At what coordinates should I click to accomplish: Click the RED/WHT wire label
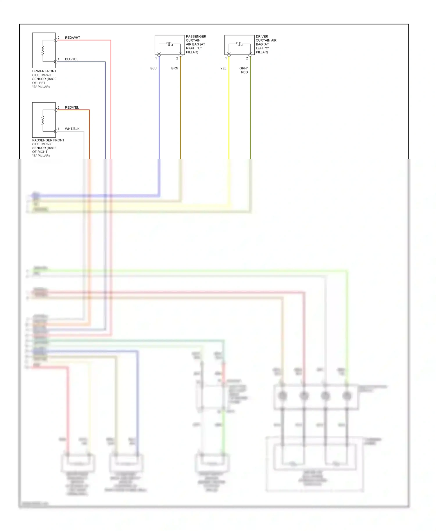[72, 38]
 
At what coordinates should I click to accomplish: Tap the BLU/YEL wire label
[72, 59]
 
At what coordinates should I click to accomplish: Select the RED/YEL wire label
[72, 107]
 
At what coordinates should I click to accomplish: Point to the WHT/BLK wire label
[72, 129]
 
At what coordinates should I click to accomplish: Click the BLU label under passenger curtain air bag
[153, 68]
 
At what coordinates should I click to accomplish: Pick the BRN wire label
[175, 68]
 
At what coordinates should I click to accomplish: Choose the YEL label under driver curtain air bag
[223, 68]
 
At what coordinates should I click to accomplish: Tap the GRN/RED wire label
[244, 70]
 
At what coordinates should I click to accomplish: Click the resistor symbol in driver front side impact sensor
[43, 51]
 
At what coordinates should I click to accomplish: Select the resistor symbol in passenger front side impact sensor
[43, 121]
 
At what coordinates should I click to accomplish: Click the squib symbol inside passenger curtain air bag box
[170, 44]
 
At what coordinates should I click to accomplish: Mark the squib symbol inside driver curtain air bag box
[240, 44]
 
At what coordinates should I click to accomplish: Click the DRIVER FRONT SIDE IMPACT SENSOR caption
[44, 79]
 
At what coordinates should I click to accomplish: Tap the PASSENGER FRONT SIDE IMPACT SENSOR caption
[48, 148]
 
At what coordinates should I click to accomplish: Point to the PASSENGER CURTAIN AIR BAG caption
[196, 44]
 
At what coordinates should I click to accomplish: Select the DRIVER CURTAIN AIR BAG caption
[266, 44]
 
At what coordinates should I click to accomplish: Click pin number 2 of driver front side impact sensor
[58, 38]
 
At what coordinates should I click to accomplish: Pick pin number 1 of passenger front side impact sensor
[58, 129]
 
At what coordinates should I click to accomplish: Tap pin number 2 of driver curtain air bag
[247, 58]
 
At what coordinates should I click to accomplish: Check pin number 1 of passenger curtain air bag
[156, 58]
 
